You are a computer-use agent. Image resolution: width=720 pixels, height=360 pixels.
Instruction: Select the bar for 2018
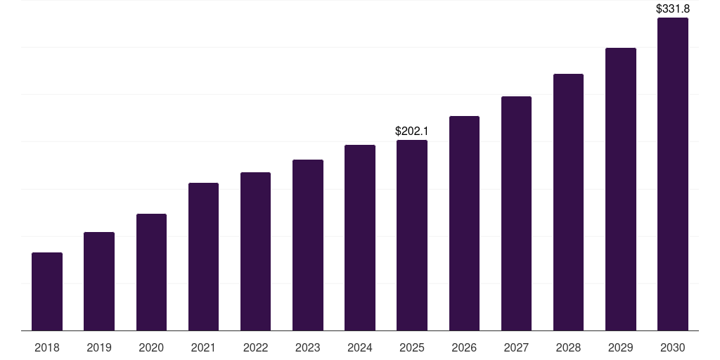(47, 292)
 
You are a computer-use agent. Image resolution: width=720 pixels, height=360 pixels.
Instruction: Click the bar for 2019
(99, 281)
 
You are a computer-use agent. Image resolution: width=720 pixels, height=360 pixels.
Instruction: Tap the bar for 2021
(203, 257)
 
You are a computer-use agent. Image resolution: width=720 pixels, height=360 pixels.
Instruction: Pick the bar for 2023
(308, 245)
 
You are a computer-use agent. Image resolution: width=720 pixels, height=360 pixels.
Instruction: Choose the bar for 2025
(412, 235)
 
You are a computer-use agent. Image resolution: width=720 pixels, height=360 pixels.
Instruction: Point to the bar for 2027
(516, 214)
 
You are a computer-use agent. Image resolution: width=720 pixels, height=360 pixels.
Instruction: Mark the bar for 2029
(621, 189)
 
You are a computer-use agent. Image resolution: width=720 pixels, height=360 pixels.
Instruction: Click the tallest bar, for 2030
(673, 174)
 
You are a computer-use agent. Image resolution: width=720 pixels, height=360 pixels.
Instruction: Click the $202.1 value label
(412, 131)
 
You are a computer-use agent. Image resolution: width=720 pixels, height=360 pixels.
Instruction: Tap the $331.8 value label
(673, 8)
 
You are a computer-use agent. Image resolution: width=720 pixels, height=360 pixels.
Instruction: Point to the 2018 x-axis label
(47, 347)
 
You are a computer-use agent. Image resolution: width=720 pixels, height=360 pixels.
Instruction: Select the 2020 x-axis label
(151, 347)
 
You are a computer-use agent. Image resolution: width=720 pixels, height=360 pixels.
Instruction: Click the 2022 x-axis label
(255, 347)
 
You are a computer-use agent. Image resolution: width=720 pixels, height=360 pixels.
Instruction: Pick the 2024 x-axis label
(359, 347)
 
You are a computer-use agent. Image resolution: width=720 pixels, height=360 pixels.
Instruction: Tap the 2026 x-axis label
(464, 347)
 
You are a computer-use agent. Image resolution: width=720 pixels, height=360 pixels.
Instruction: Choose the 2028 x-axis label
(568, 347)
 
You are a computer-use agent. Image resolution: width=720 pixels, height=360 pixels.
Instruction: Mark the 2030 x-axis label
(673, 347)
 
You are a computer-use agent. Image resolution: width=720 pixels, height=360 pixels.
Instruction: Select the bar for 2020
(152, 272)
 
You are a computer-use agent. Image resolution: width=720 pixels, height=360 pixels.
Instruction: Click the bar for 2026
(464, 223)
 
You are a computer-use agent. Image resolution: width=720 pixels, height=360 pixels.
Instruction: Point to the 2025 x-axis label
(412, 347)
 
